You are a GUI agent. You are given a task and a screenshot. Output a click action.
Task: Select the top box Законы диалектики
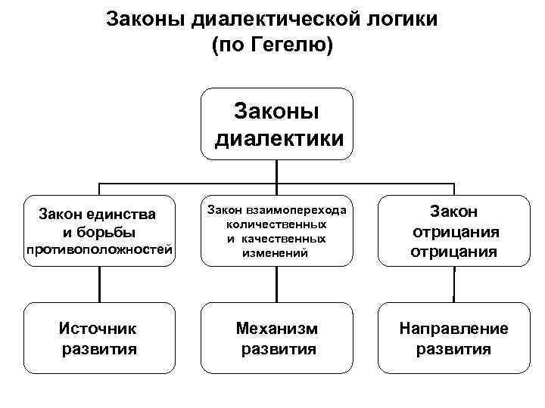click(x=277, y=124)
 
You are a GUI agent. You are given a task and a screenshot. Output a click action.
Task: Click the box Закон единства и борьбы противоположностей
click(x=100, y=230)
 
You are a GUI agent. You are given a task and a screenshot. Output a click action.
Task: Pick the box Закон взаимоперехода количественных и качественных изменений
click(x=276, y=230)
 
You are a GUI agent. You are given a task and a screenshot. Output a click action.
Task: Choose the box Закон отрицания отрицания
click(x=453, y=230)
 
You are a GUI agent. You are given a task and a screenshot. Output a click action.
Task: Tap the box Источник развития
click(x=100, y=338)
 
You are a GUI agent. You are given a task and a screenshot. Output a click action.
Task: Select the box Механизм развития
click(x=276, y=338)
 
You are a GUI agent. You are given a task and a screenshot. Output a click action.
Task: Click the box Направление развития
click(x=453, y=338)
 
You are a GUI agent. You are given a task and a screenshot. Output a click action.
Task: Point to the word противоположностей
click(x=100, y=249)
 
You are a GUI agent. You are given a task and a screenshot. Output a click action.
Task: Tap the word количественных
click(x=276, y=224)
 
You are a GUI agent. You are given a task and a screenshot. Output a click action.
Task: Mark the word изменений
click(x=276, y=253)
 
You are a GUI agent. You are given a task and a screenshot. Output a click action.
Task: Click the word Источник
click(x=99, y=329)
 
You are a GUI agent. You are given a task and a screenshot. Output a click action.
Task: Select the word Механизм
click(x=277, y=329)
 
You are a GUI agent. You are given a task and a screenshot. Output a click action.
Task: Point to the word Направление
click(x=453, y=329)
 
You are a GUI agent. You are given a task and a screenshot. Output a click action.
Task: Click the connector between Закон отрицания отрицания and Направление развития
click(x=453, y=285)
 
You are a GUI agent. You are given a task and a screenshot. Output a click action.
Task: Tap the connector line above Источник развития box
click(x=100, y=285)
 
